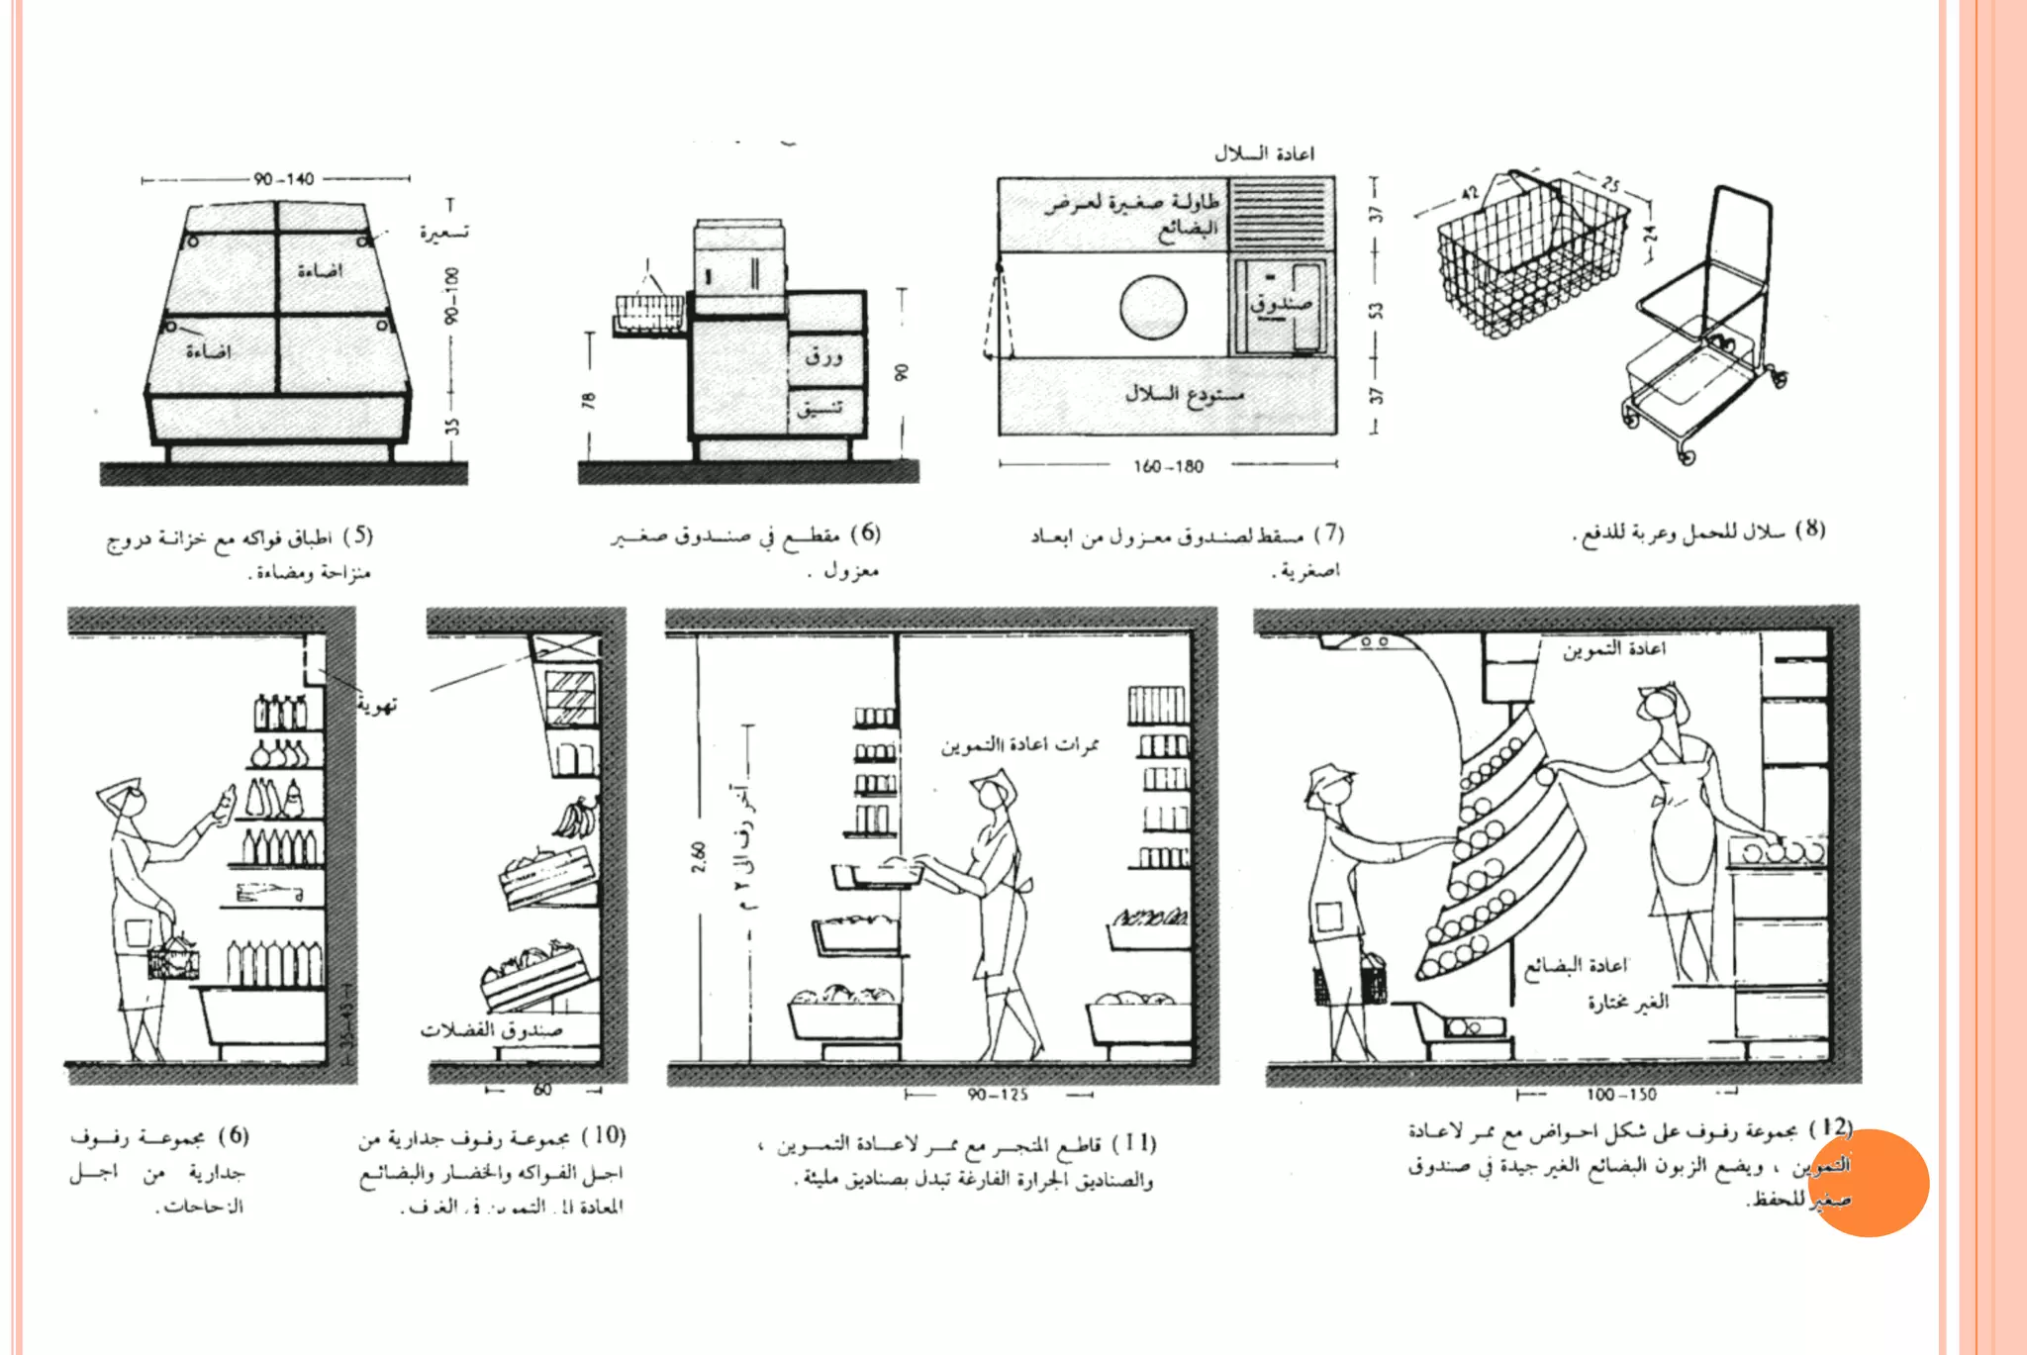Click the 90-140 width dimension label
click(x=283, y=179)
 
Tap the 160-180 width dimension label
click(x=1168, y=466)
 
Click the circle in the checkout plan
click(x=1153, y=307)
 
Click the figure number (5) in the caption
click(x=358, y=535)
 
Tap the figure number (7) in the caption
click(x=1328, y=533)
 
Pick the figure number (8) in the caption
click(x=1810, y=529)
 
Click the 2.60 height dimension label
click(x=699, y=857)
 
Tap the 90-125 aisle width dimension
click(x=998, y=1095)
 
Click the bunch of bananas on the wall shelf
click(x=575, y=819)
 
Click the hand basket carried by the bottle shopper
click(x=173, y=958)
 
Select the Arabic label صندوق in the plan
click(x=1280, y=303)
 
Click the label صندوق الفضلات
click(x=491, y=1030)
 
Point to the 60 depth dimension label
click(x=542, y=1090)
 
